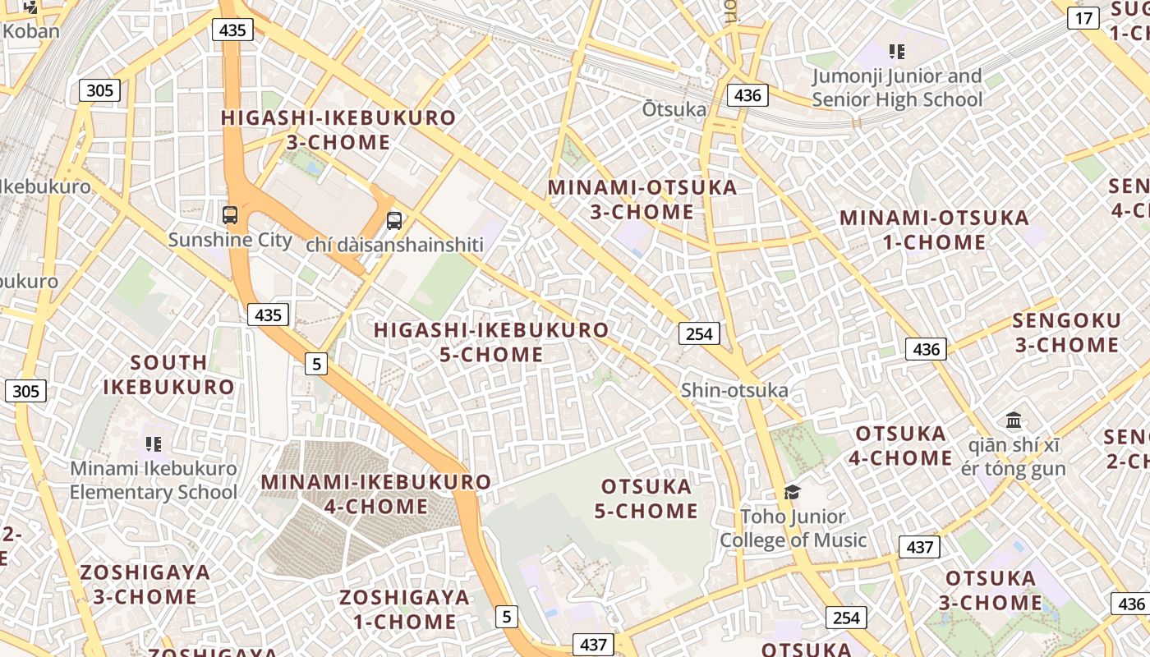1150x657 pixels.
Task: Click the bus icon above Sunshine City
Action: pyautogui.click(x=230, y=216)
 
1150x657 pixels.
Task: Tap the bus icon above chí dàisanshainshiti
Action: pyautogui.click(x=394, y=220)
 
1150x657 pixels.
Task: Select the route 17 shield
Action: pyautogui.click(x=1083, y=18)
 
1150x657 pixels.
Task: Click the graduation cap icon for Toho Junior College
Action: pyautogui.click(x=792, y=492)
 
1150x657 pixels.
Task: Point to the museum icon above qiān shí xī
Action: pyautogui.click(x=1014, y=420)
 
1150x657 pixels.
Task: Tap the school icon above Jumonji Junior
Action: pyautogui.click(x=897, y=52)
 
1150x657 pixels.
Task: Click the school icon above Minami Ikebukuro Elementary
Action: pyautogui.click(x=154, y=444)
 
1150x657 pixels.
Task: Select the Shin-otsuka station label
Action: pyautogui.click(x=734, y=390)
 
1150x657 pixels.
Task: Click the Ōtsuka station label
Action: pyautogui.click(x=674, y=109)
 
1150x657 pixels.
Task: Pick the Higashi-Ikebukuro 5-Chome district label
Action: pyautogui.click(x=491, y=342)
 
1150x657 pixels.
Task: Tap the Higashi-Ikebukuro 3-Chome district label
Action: pyautogui.click(x=338, y=129)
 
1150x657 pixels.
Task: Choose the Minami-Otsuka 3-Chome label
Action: pyautogui.click(x=642, y=200)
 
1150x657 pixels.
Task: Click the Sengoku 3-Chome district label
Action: pyautogui.click(x=1066, y=333)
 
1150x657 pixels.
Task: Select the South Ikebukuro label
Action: pyautogui.click(x=168, y=374)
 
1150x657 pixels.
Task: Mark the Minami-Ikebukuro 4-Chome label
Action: pyautogui.click(x=376, y=494)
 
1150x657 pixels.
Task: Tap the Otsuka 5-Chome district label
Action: pyautogui.click(x=646, y=498)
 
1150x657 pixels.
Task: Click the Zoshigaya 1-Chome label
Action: pyautogui.click(x=405, y=609)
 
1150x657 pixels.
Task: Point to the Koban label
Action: pyautogui.click(x=31, y=31)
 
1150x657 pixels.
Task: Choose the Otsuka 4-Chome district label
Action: pyautogui.click(x=901, y=445)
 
